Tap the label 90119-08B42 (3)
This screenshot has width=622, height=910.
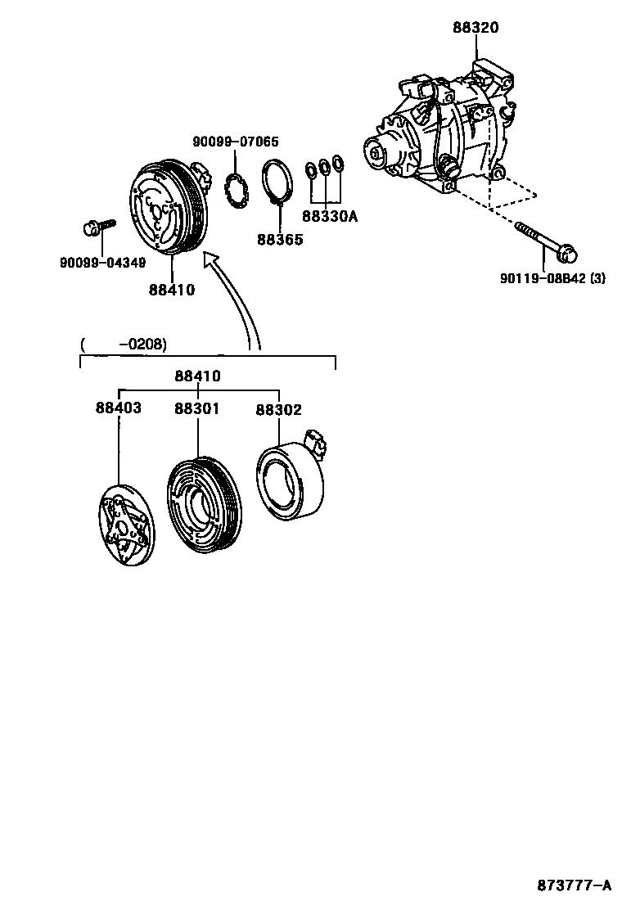click(x=552, y=278)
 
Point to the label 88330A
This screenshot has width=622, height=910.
click(x=330, y=217)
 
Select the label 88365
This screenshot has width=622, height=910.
click(x=279, y=240)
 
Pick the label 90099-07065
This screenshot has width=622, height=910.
click(x=235, y=142)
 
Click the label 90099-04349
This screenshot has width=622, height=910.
click(x=102, y=263)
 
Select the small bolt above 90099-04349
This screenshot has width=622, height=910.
click(x=94, y=227)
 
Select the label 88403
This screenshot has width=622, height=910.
click(x=119, y=408)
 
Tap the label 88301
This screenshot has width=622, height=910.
click(x=196, y=408)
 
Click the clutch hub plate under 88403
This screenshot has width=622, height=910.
click(x=124, y=525)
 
